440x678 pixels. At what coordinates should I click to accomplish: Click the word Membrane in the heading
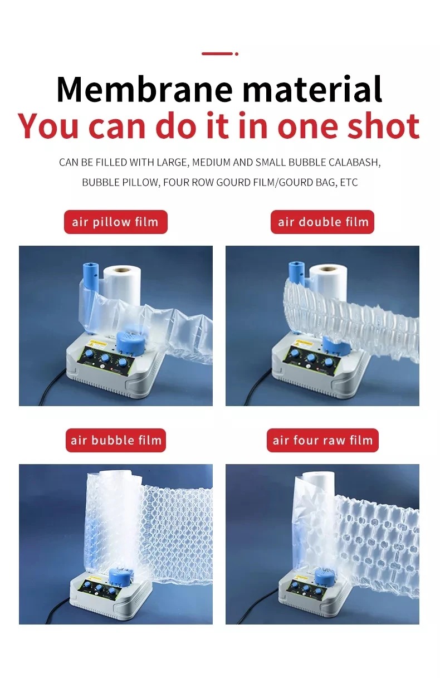click(x=144, y=89)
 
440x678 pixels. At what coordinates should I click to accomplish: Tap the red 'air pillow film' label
click(x=115, y=222)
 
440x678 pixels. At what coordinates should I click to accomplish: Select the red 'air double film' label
click(x=322, y=222)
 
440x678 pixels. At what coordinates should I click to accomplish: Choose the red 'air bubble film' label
click(x=116, y=441)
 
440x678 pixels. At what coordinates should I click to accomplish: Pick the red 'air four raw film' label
click(x=322, y=441)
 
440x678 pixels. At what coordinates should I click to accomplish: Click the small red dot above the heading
click(x=237, y=54)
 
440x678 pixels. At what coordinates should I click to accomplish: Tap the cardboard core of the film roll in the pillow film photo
click(x=123, y=269)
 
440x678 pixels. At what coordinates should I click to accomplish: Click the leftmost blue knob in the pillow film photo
click(x=89, y=354)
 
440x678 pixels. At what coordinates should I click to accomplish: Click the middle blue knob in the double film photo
click(x=311, y=358)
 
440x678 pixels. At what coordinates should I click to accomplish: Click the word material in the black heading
click(x=312, y=89)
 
